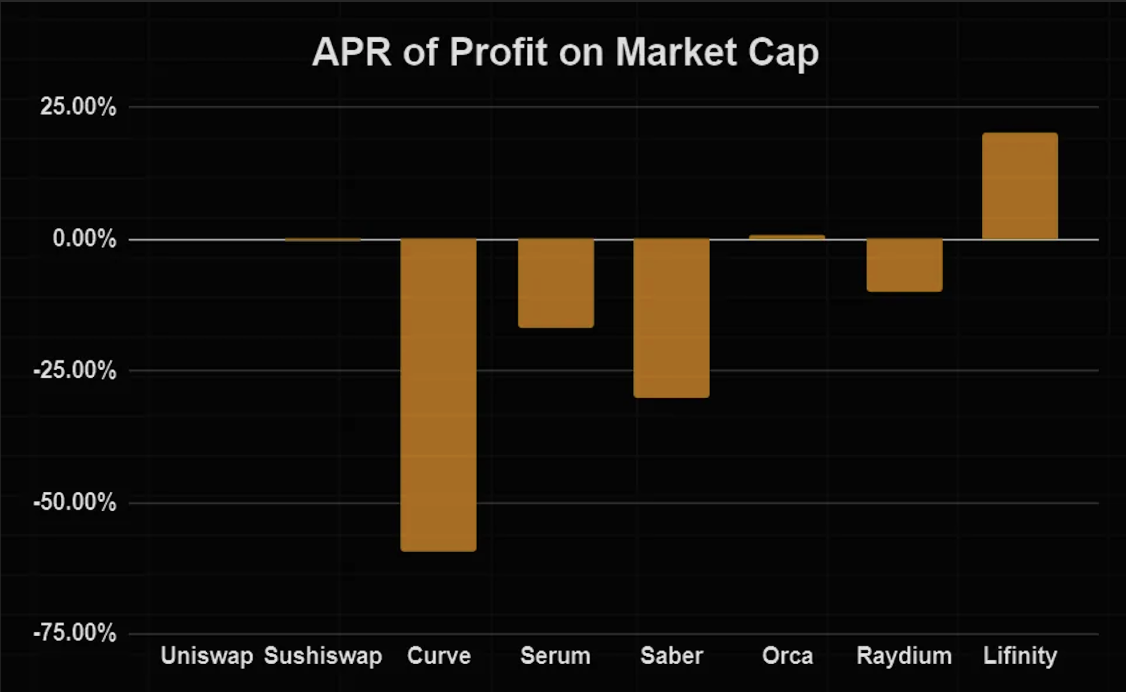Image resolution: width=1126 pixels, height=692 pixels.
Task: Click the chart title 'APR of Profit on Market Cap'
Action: pyautogui.click(x=565, y=52)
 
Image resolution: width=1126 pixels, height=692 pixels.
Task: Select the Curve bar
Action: pyautogui.click(x=438, y=394)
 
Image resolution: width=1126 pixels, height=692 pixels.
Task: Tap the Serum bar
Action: pyautogui.click(x=556, y=283)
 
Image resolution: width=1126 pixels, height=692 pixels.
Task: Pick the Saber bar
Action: pyautogui.click(x=671, y=317)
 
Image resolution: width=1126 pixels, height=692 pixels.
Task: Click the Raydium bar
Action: pyautogui.click(x=904, y=265)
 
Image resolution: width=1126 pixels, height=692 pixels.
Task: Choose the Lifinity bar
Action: pyautogui.click(x=1020, y=186)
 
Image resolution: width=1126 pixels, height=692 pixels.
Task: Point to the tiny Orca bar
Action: pyautogui.click(x=787, y=237)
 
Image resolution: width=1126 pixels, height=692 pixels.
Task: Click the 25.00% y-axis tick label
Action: pyautogui.click(x=78, y=107)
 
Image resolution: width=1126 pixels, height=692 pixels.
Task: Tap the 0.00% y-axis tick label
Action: pyautogui.click(x=84, y=239)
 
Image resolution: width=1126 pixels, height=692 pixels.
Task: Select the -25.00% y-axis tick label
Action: pyautogui.click(x=75, y=371)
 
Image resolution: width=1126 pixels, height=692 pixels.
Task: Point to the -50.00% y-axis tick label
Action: pyautogui.click(x=75, y=502)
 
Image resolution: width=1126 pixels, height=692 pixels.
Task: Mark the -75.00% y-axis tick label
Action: pyautogui.click(x=75, y=634)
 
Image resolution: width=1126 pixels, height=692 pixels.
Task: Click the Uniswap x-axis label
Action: pyautogui.click(x=207, y=656)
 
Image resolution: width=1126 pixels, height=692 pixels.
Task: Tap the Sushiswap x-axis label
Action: pyautogui.click(x=323, y=656)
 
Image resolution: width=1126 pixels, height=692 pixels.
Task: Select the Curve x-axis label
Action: pyautogui.click(x=439, y=656)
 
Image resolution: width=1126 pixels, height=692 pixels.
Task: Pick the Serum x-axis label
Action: pyautogui.click(x=556, y=656)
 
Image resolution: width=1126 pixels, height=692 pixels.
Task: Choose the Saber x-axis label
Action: pyautogui.click(x=672, y=656)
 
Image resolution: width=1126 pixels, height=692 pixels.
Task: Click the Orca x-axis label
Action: pyautogui.click(x=788, y=656)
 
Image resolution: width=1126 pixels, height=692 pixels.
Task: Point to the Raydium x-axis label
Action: pyautogui.click(x=904, y=656)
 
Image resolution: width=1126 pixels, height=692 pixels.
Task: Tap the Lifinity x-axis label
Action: pyautogui.click(x=1020, y=656)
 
